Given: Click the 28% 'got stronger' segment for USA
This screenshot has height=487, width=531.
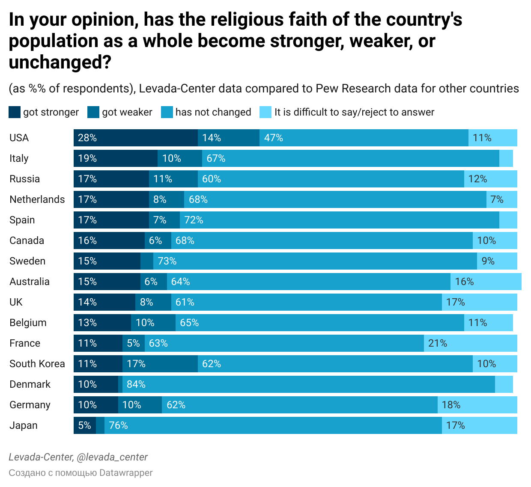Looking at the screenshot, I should pos(135,138).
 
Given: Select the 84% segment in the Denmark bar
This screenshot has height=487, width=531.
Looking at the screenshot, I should pos(308,384).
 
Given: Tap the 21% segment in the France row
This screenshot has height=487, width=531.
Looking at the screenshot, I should pos(470,343).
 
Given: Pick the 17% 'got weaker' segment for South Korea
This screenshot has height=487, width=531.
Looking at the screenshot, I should pos(160,364).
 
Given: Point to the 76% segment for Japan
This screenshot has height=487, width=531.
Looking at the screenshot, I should pos(273,425).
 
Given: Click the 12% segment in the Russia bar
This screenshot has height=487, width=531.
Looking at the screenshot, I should pos(490,179).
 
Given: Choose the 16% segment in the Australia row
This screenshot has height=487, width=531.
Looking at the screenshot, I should pos(486,282).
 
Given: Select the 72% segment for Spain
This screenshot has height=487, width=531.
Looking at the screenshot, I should pos(339,220).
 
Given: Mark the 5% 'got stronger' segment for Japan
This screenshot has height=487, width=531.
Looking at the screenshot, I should pos(84,425).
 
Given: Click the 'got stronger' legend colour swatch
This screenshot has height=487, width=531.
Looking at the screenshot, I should pos(15,112).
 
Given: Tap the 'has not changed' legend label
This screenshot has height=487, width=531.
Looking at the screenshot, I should pos(213,112).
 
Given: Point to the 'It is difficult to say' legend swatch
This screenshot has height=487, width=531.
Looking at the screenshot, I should pos(265,112).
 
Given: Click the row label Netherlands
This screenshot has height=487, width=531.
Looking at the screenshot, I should pos(37,199).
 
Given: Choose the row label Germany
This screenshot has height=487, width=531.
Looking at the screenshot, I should pos(30,405).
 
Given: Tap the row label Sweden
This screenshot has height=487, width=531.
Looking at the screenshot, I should pos(27,261).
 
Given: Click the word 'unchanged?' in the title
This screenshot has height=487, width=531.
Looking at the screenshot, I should pos(60,62).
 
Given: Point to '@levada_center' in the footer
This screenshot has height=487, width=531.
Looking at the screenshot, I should pos(112,457).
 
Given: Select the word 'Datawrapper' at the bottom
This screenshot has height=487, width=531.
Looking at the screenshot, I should pos(126,473).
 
